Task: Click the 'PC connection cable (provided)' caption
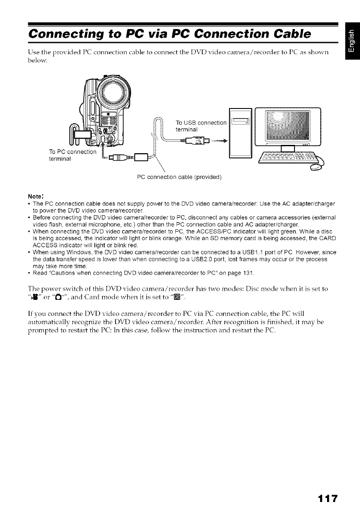pyautogui.click(x=179, y=177)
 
